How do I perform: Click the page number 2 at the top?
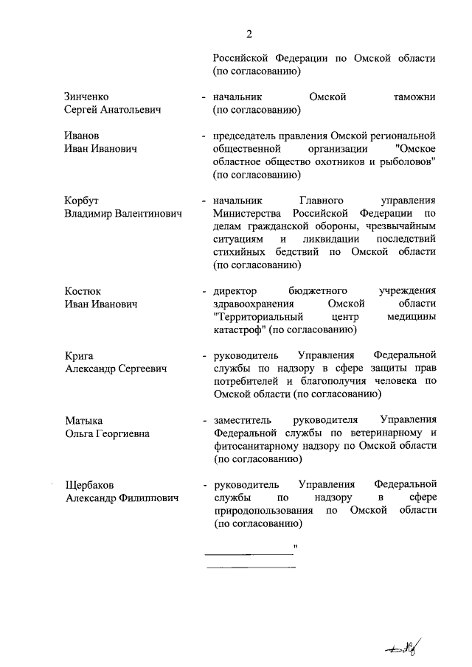coord(250,33)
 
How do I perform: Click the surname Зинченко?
coord(87,97)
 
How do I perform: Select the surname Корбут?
coord(82,200)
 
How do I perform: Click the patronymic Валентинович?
coord(146,214)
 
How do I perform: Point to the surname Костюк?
coord(83,291)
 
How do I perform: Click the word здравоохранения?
coord(254,304)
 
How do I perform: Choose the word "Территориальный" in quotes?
coord(254,317)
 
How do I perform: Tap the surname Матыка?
coord(84,420)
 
